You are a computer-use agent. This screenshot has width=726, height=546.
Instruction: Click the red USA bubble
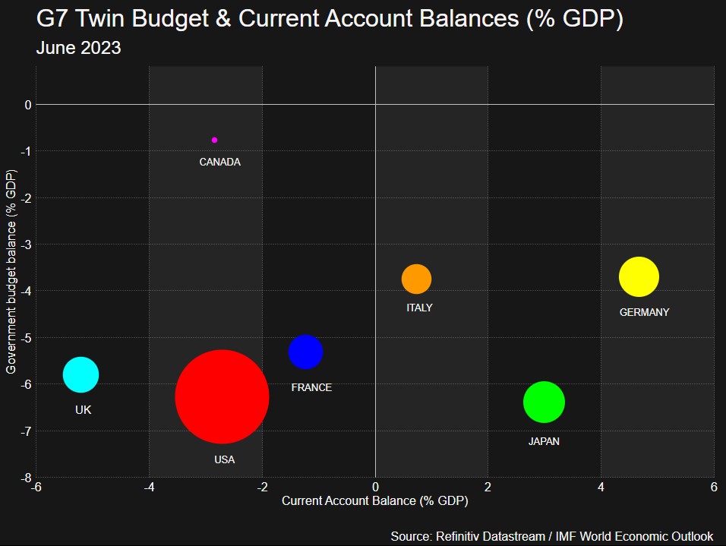(222, 396)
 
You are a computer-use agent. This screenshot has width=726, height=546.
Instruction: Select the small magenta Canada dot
(214, 140)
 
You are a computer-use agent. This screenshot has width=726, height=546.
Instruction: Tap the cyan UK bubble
(80, 374)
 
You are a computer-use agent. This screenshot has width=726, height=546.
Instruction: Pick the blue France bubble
(305, 352)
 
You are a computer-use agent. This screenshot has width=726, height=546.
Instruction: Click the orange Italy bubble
(416, 279)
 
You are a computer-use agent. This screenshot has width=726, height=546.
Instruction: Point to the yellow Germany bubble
(638, 277)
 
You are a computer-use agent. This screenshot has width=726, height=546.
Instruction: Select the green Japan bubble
(544, 402)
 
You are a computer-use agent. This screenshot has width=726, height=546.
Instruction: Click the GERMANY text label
(644, 312)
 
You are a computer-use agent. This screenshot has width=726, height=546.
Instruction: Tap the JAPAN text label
(544, 441)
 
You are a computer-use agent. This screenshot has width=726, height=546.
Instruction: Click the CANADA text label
(219, 162)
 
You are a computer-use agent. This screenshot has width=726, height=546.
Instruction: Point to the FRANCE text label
(311, 387)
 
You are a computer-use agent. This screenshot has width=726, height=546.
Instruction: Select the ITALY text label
(419, 308)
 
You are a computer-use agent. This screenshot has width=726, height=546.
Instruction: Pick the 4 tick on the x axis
(601, 487)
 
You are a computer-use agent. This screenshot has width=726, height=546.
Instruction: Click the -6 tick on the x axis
(36, 487)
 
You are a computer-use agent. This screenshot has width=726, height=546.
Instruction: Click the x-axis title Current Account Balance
(374, 501)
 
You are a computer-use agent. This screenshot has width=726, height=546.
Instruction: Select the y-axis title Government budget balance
(11, 272)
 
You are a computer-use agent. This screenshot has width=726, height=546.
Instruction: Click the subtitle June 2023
(79, 48)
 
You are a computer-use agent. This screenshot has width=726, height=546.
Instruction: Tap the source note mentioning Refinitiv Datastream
(552, 536)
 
